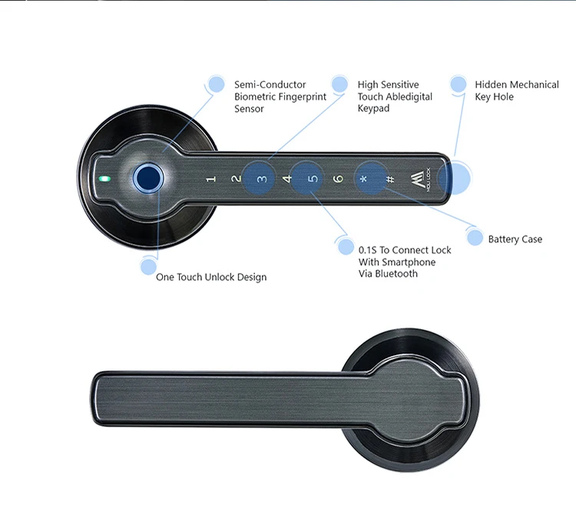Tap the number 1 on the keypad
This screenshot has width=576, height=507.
click(x=210, y=179)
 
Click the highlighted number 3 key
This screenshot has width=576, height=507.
click(x=261, y=179)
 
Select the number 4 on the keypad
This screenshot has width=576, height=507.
click(x=287, y=179)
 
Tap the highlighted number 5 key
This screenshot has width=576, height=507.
click(x=312, y=179)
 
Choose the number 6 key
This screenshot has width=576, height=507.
click(x=338, y=179)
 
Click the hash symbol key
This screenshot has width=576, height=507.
click(x=389, y=179)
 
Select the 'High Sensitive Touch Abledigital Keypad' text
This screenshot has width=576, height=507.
click(x=395, y=97)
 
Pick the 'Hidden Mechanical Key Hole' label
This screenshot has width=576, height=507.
click(x=516, y=91)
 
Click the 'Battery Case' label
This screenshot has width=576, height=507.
click(x=515, y=239)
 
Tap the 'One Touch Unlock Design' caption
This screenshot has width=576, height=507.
click(x=211, y=277)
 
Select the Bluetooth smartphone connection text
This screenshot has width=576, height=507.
click(x=405, y=262)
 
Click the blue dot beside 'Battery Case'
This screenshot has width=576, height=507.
click(x=475, y=239)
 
